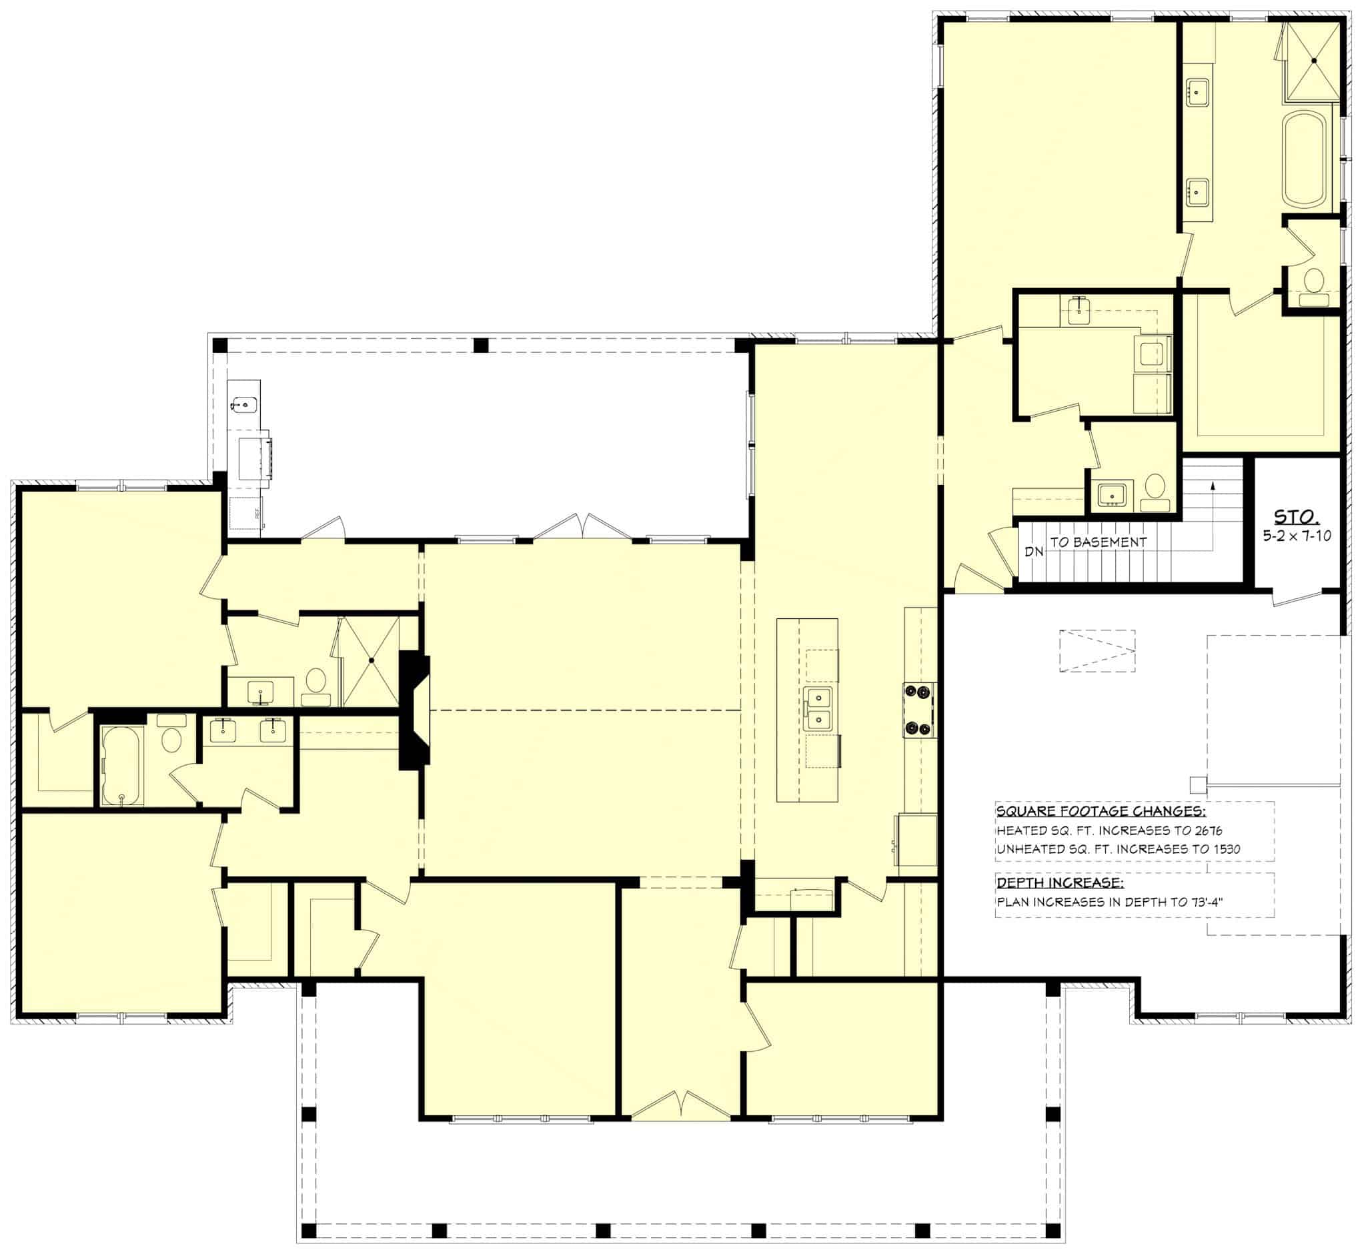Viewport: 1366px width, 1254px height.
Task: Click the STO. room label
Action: tap(1296, 517)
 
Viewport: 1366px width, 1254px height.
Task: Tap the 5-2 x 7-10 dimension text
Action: tap(1296, 536)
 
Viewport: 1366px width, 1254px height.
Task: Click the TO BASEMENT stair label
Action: tap(1098, 542)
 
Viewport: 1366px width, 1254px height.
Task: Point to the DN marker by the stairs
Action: tap(1033, 552)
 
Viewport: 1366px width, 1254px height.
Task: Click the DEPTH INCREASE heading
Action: tap(1059, 883)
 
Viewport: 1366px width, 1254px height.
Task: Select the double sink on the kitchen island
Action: tap(819, 709)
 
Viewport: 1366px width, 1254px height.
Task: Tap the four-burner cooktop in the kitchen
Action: tap(919, 710)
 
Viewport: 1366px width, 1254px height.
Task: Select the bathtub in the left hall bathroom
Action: tap(121, 765)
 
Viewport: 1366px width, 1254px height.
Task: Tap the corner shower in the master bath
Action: tap(1313, 61)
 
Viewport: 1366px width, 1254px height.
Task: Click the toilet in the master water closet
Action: tap(1314, 285)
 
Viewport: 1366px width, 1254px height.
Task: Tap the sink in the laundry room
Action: tap(1078, 310)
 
